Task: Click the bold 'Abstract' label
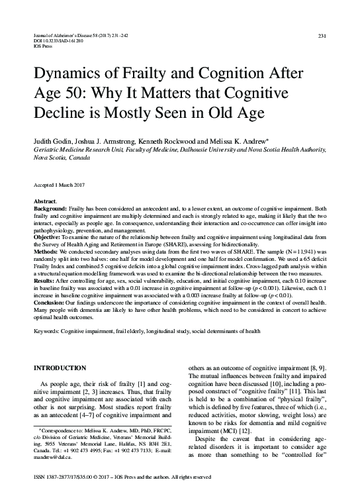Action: [44, 201]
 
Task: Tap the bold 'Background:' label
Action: [50, 208]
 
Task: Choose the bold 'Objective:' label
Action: [47, 237]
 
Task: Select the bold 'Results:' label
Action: [45, 281]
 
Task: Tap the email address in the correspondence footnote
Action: [53, 456]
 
